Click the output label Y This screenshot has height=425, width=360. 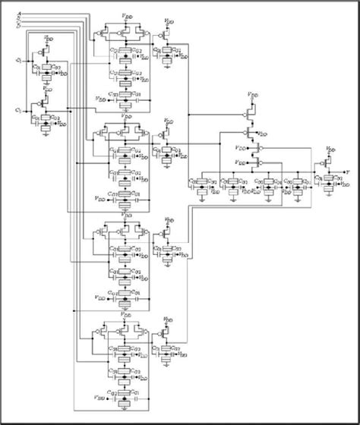click(347, 171)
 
